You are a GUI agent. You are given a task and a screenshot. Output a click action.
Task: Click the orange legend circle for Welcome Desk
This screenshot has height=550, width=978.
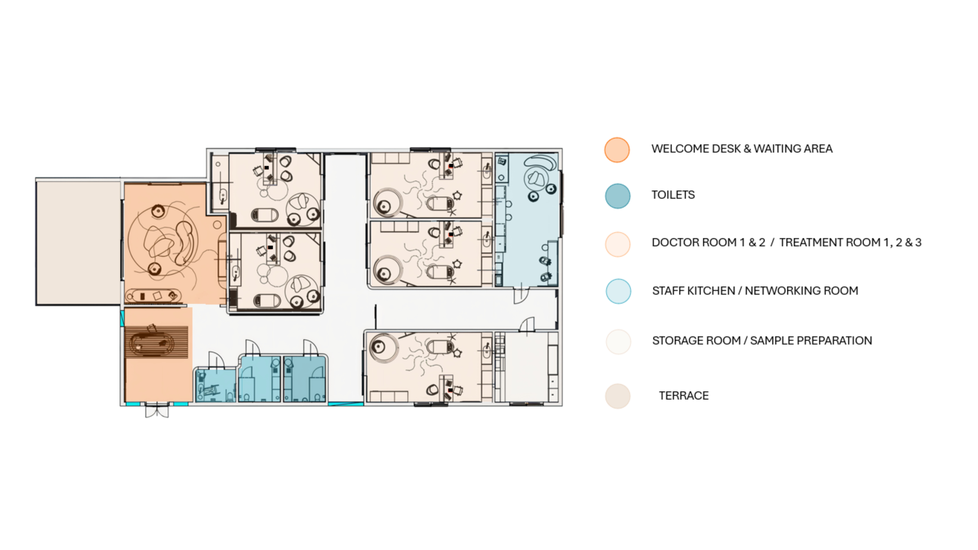[x=617, y=150]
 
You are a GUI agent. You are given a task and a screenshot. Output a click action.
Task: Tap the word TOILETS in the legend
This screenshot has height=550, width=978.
[x=673, y=195]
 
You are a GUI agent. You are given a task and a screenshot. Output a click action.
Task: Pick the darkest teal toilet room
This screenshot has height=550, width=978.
[x=304, y=379]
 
